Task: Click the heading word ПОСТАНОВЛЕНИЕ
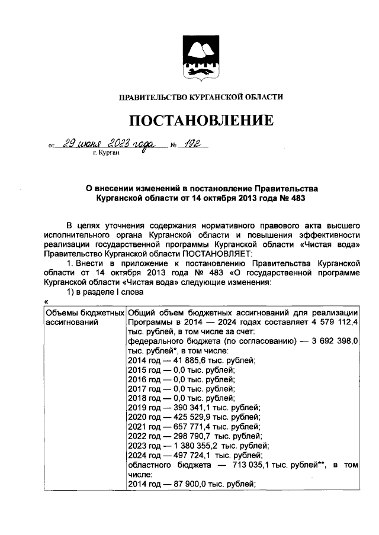point(201,121)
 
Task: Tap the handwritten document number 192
point(188,144)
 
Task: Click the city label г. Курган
point(106,153)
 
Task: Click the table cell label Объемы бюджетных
point(84,312)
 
